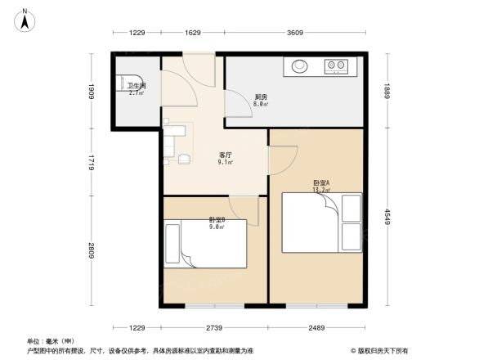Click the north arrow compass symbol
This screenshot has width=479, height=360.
25,19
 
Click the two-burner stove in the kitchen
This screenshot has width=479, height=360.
336,65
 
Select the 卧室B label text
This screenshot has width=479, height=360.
217,220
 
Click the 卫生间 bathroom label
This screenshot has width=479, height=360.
136,85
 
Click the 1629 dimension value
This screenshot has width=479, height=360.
193,33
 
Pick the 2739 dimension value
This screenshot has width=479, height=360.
214,328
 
